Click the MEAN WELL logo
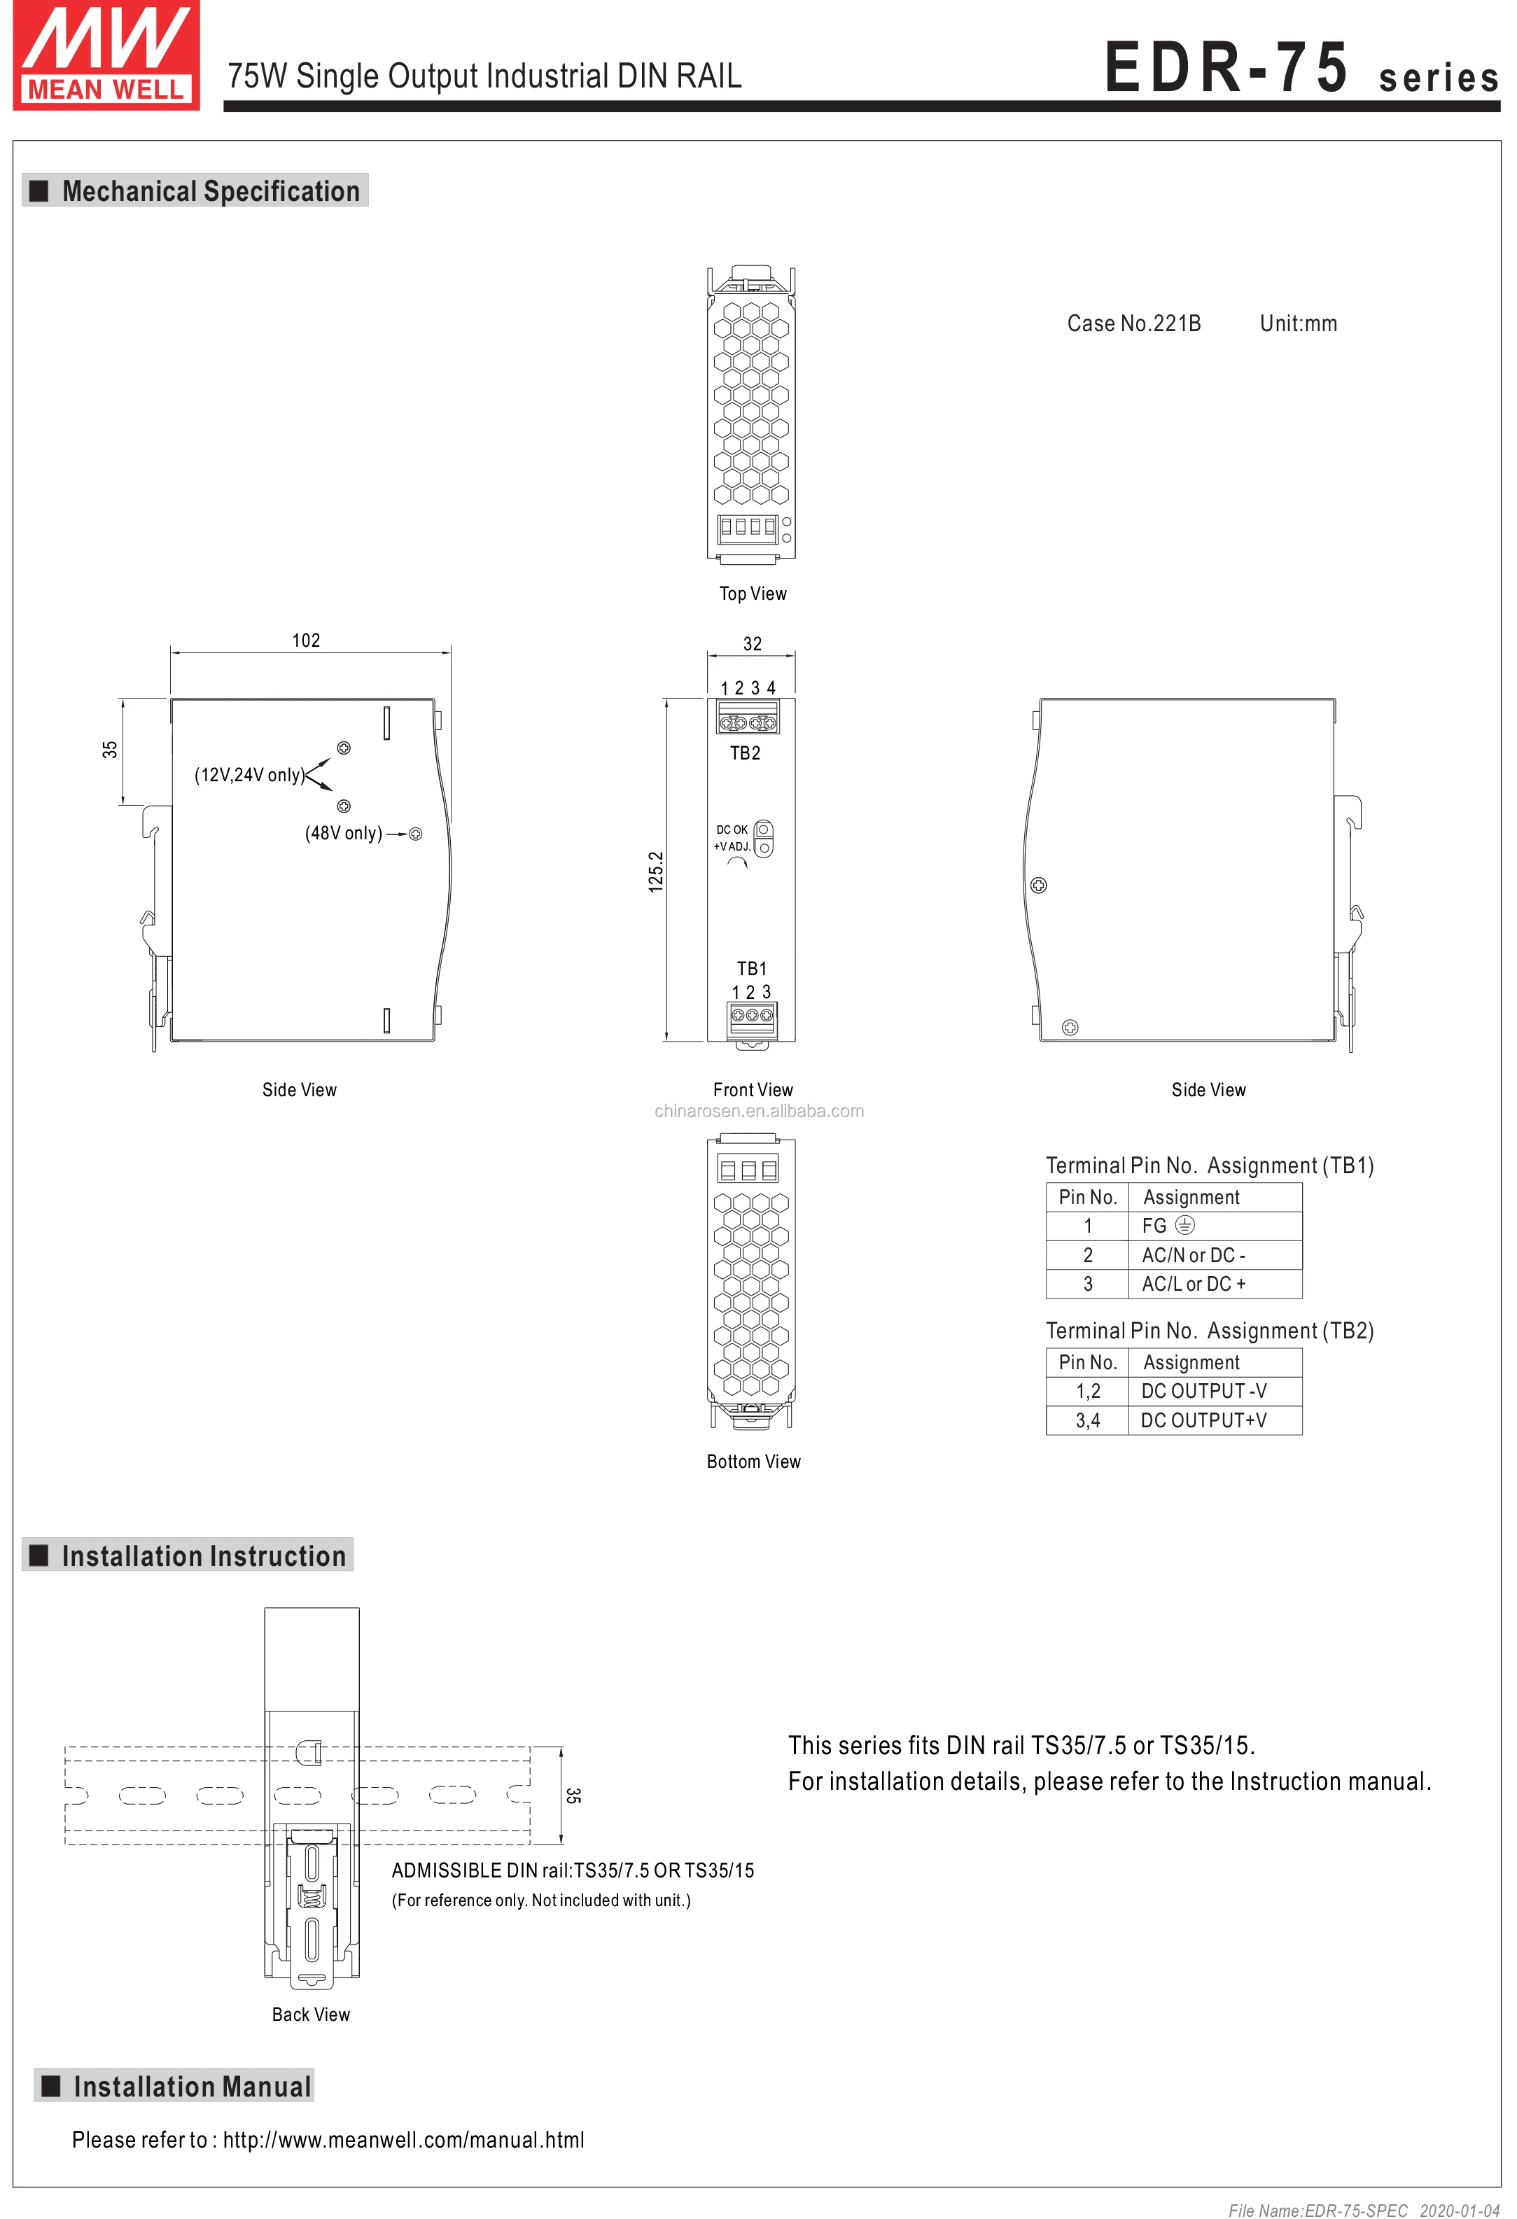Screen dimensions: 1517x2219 coord(106,56)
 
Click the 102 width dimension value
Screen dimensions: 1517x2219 coord(305,640)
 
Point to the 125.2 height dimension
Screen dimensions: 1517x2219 coord(656,871)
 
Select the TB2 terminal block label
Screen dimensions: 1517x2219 coord(745,753)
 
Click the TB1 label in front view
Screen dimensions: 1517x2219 coord(751,968)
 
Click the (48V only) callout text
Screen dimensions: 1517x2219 coord(344,834)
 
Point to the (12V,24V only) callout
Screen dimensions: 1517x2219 coord(249,774)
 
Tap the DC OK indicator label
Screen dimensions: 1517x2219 coord(732,829)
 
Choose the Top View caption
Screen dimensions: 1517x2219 coord(753,594)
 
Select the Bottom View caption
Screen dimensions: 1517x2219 coord(753,1462)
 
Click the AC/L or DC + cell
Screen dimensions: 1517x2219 coord(1194,1284)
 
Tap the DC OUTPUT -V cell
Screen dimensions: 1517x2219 coord(1204,1391)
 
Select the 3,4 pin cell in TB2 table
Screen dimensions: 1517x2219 coord(1087,1421)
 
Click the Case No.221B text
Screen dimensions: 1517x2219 coord(1133,323)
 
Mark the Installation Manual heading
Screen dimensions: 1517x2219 coord(192,2087)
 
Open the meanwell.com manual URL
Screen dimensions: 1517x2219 coord(403,2140)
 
